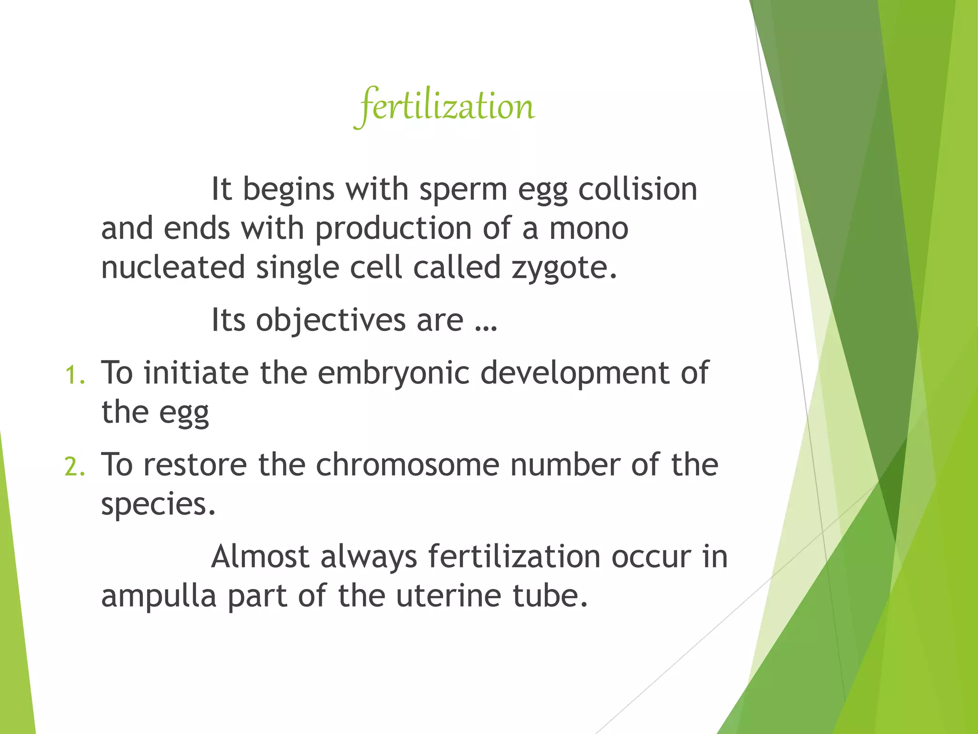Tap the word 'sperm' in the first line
(x=463, y=189)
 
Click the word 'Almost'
(x=260, y=556)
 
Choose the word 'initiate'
(x=196, y=373)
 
